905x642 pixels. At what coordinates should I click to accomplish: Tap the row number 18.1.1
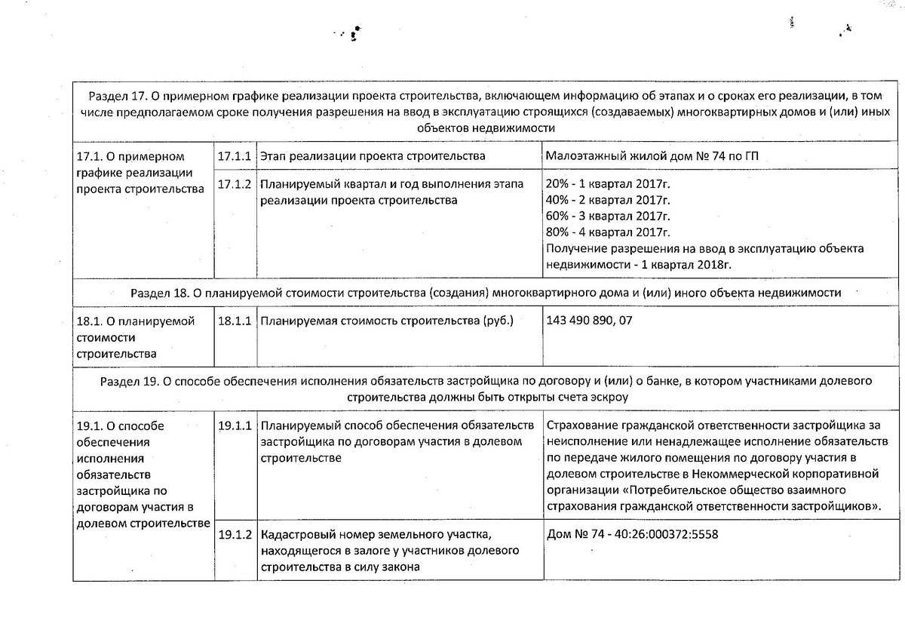click(x=235, y=321)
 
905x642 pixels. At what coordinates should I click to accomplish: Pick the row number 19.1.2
click(x=235, y=535)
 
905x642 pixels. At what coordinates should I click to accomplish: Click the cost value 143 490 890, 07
click(x=587, y=321)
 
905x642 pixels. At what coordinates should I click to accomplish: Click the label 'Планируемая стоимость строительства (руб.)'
click(x=386, y=321)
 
